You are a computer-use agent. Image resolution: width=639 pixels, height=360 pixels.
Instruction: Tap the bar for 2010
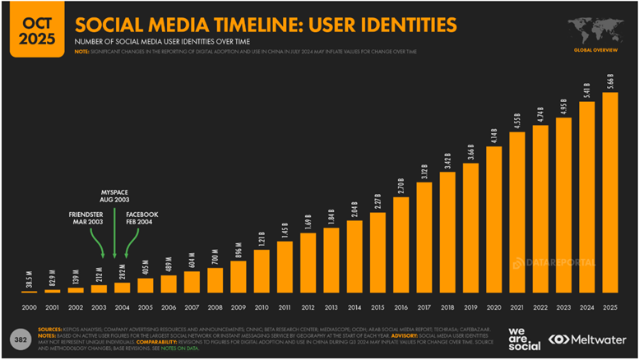coord(262,270)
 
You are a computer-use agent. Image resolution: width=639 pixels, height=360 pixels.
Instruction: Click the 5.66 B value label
coord(609,83)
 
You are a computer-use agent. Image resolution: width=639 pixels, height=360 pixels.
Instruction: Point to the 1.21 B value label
coord(262,238)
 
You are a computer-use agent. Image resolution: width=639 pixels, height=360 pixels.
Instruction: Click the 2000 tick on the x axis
coord(29,307)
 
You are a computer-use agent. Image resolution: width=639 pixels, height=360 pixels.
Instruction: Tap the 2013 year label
coord(331,307)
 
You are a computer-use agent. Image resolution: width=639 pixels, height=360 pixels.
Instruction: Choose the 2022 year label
coord(539,307)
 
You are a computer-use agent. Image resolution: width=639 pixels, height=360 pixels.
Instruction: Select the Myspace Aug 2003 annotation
coord(114,195)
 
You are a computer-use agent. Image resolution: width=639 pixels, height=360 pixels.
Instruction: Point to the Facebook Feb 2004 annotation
coord(141,219)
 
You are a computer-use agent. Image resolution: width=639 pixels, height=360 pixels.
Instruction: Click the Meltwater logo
coord(588,339)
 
